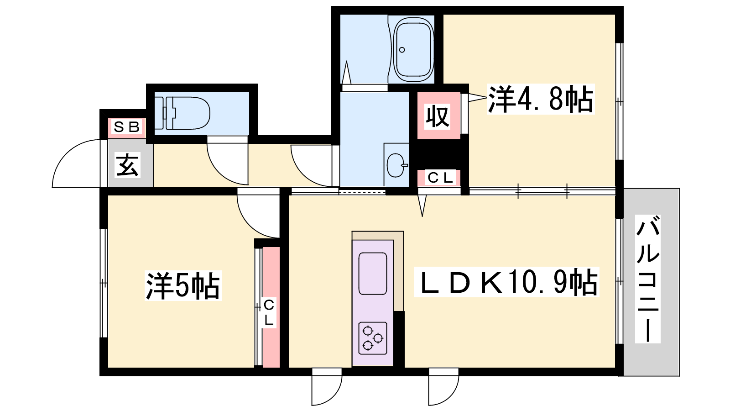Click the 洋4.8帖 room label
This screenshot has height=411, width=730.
[x=540, y=99]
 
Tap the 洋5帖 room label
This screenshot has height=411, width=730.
[x=183, y=286]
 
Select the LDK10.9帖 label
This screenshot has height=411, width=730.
[x=506, y=282]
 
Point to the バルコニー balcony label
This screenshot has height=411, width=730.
[x=647, y=279]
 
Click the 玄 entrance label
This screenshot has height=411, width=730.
[x=128, y=165]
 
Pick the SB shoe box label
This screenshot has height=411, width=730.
[x=127, y=127]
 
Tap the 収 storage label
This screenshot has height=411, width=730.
[x=438, y=116]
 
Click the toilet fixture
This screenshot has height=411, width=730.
[x=182, y=113]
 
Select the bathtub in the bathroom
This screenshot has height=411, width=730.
[x=414, y=50]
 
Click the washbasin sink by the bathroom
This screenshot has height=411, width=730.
[x=396, y=165]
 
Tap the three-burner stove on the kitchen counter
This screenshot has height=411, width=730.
[x=373, y=338]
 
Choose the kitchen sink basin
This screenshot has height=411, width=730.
[x=373, y=274]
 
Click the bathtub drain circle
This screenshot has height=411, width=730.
[x=402, y=50]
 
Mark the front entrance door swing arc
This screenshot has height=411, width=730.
[x=67, y=154]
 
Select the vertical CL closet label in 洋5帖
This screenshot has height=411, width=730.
[x=269, y=313]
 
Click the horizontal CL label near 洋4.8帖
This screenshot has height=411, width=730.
[x=440, y=178]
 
